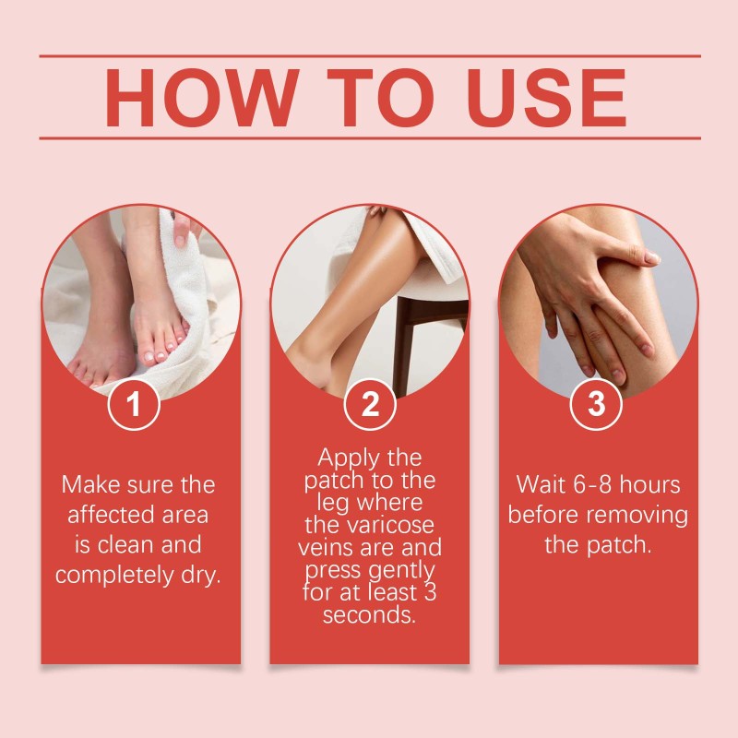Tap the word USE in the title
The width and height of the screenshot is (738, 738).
pyautogui.click(x=546, y=98)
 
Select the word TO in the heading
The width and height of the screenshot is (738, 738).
pyautogui.click(x=380, y=98)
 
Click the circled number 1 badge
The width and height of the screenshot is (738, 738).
pyautogui.click(x=134, y=404)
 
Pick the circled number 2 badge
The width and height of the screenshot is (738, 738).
pyautogui.click(x=370, y=404)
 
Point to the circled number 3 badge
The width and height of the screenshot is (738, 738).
pyautogui.click(x=596, y=404)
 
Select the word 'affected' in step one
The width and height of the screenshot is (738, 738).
pyautogui.click(x=112, y=514)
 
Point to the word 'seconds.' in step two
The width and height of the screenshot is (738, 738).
pyautogui.click(x=370, y=614)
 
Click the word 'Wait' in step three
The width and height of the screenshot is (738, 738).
pyautogui.click(x=541, y=484)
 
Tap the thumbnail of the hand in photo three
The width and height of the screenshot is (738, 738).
pyautogui.click(x=652, y=257)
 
